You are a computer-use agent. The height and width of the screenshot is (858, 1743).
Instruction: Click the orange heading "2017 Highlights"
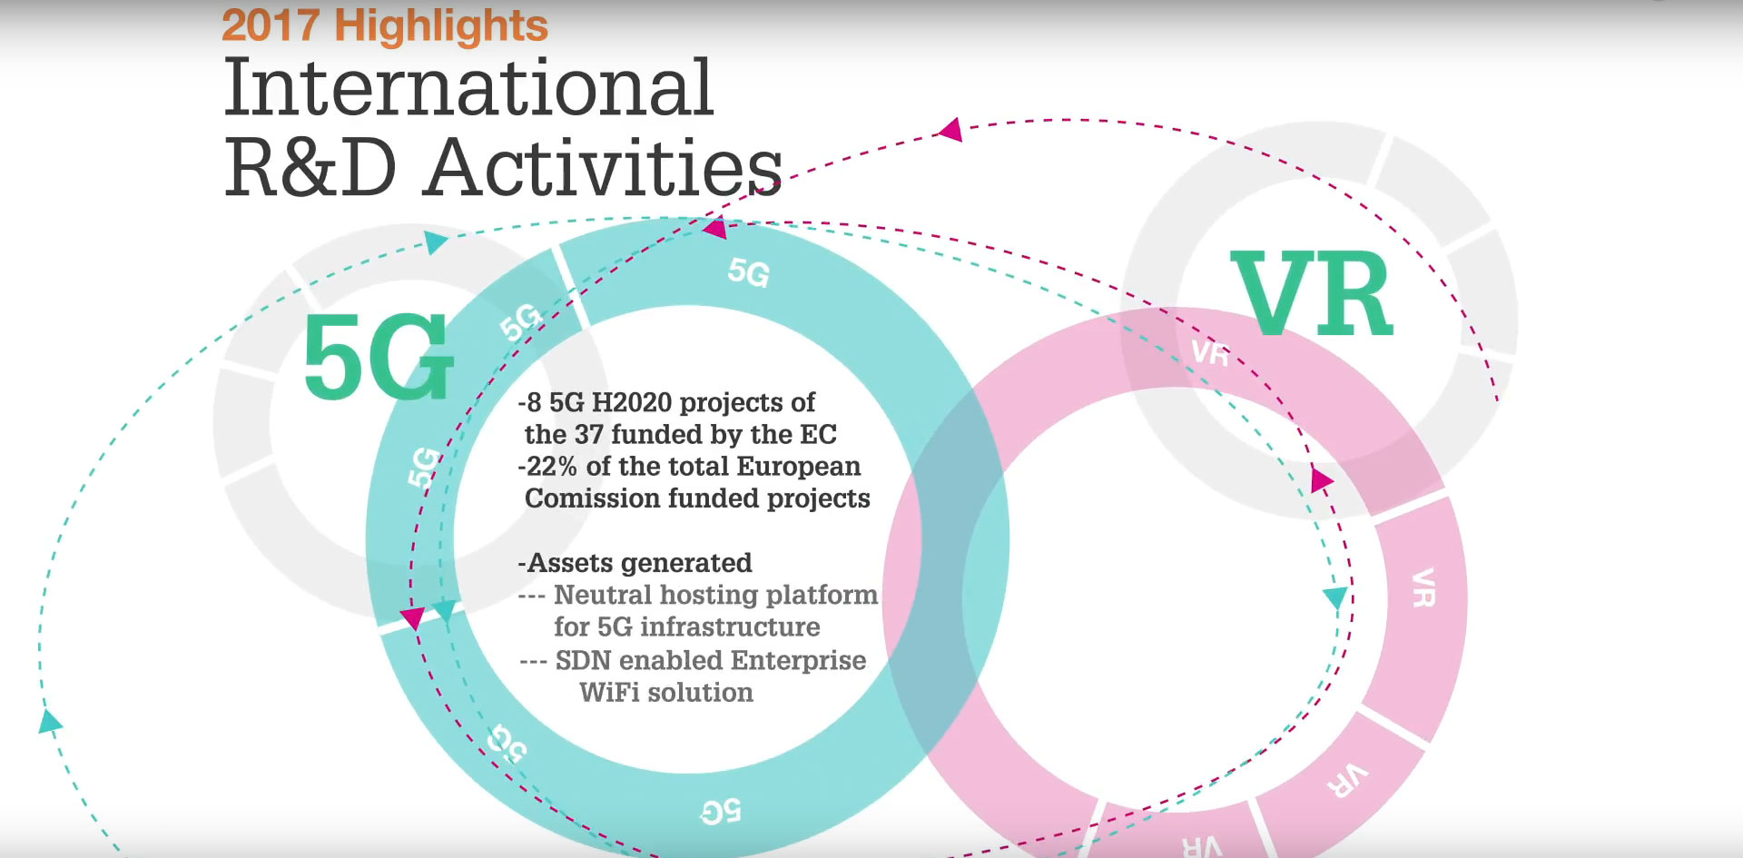(385, 25)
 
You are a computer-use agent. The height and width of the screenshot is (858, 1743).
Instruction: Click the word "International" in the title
(468, 87)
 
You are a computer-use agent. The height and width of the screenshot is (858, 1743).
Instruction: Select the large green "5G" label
(378, 358)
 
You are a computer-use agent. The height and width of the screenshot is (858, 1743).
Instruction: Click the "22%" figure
(552, 467)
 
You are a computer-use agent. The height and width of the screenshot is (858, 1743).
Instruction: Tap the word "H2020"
(632, 402)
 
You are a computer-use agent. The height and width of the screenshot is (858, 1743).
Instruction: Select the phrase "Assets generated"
(639, 563)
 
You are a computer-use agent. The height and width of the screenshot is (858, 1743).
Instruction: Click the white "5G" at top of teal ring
(749, 271)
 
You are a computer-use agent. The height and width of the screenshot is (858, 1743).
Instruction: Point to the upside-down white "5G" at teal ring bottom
(721, 812)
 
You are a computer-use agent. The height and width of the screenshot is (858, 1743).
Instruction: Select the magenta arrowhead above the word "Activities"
(950, 130)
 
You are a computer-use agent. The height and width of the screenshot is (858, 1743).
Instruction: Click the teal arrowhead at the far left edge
(50, 722)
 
